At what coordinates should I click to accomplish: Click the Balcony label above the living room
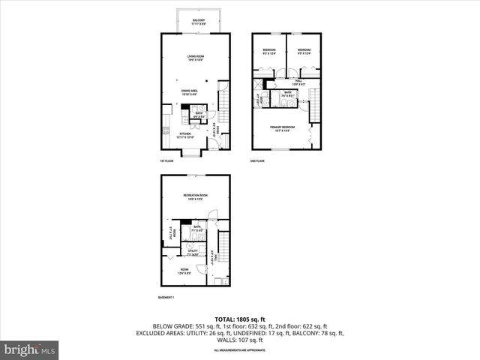198,22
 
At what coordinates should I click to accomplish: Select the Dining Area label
188,92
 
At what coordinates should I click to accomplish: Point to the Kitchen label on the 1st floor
185,136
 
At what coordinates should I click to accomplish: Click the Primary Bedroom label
284,128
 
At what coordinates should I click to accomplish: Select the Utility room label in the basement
193,252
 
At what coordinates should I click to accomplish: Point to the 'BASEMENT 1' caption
166,298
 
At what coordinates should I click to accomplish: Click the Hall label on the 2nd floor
298,81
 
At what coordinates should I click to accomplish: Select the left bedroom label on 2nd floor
269,51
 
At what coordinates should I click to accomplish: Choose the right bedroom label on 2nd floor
304,51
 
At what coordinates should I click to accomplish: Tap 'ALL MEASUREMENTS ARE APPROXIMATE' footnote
239,350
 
